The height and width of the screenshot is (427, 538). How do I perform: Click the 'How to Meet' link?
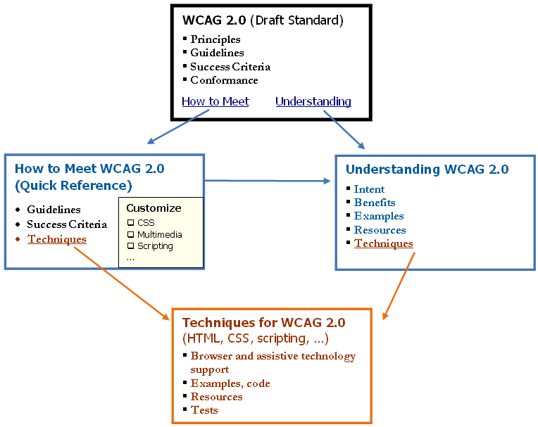[x=215, y=101]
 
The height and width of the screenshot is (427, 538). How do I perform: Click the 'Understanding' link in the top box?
[x=313, y=101]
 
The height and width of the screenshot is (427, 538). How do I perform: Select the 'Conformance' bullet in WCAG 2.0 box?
[x=224, y=80]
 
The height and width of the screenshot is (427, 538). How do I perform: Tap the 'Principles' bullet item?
[x=215, y=39]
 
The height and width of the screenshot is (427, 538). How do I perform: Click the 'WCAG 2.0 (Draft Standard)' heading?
[x=263, y=20]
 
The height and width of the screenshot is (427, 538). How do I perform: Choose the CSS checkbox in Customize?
[x=130, y=223]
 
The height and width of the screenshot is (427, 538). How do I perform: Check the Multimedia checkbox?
[x=130, y=235]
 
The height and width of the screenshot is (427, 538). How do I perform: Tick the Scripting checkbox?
[x=130, y=247]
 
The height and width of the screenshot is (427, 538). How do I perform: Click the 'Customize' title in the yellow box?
[x=154, y=208]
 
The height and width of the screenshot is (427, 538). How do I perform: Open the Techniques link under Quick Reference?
[x=56, y=239]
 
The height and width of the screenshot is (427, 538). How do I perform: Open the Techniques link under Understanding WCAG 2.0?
[x=383, y=243]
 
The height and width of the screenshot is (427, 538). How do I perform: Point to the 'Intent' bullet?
[x=369, y=189]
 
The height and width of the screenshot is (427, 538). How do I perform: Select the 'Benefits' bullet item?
[x=375, y=203]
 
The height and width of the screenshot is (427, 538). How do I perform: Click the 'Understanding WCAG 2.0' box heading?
[x=427, y=170]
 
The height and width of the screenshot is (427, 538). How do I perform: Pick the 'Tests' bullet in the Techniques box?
[x=204, y=410]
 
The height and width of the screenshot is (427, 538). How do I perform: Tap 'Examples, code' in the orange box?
[x=230, y=383]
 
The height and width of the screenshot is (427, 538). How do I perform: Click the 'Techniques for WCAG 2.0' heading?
[x=263, y=323]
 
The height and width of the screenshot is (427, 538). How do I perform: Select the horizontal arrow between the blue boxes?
[x=268, y=181]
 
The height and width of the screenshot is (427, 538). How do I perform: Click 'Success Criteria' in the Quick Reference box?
[x=67, y=224]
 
